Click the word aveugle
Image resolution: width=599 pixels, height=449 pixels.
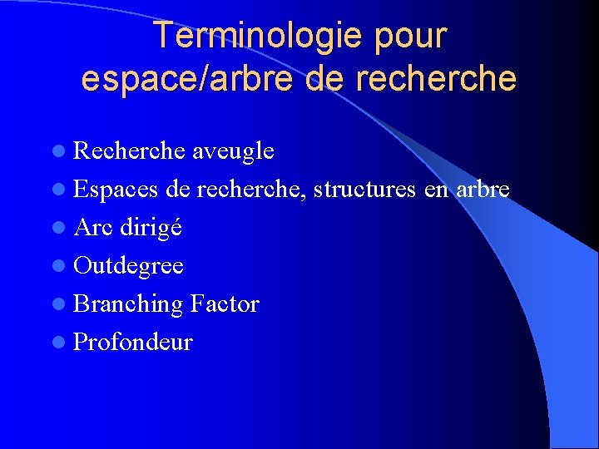[x=233, y=151]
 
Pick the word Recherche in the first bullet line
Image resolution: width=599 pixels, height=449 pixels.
[x=129, y=151]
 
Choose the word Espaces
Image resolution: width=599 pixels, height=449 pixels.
[x=116, y=190]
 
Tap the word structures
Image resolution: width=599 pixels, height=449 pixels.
[x=368, y=190]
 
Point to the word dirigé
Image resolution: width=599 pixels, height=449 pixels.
[x=151, y=227]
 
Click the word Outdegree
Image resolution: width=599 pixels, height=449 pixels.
[x=129, y=266]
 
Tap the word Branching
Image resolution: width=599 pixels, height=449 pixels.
[x=128, y=304]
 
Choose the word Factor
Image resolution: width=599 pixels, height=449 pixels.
[x=225, y=304]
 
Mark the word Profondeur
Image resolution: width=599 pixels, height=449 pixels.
[x=133, y=343]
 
